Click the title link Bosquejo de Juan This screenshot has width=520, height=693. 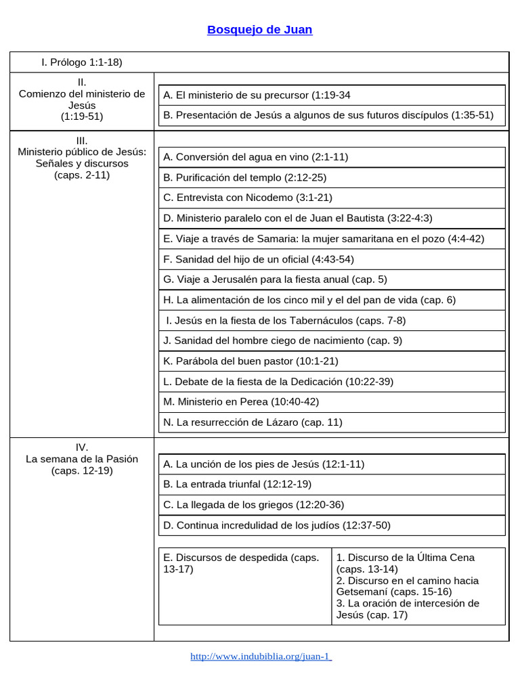click(259, 30)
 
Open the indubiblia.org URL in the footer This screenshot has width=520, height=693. click(261, 656)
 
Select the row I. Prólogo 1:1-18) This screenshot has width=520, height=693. click(81, 62)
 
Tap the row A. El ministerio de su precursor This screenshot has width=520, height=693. click(257, 95)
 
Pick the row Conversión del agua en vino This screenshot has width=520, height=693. click(255, 157)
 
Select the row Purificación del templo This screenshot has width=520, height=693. click(244, 177)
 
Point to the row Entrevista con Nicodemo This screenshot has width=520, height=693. click(248, 198)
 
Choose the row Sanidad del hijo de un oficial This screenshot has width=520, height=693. click(258, 259)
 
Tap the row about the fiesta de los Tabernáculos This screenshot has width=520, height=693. click(286, 320)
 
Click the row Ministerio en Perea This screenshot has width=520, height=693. click(240, 402)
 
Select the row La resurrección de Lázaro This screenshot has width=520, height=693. click(253, 422)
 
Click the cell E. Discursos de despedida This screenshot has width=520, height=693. click(241, 563)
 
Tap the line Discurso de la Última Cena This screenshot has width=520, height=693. click(405, 558)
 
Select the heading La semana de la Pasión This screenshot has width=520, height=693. click(82, 459)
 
